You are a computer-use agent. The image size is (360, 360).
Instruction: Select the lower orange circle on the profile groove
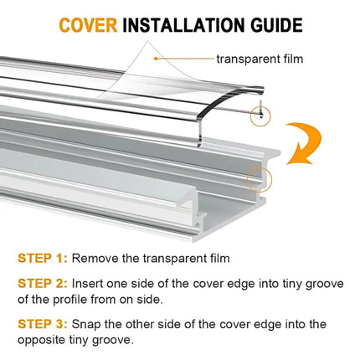260,177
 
